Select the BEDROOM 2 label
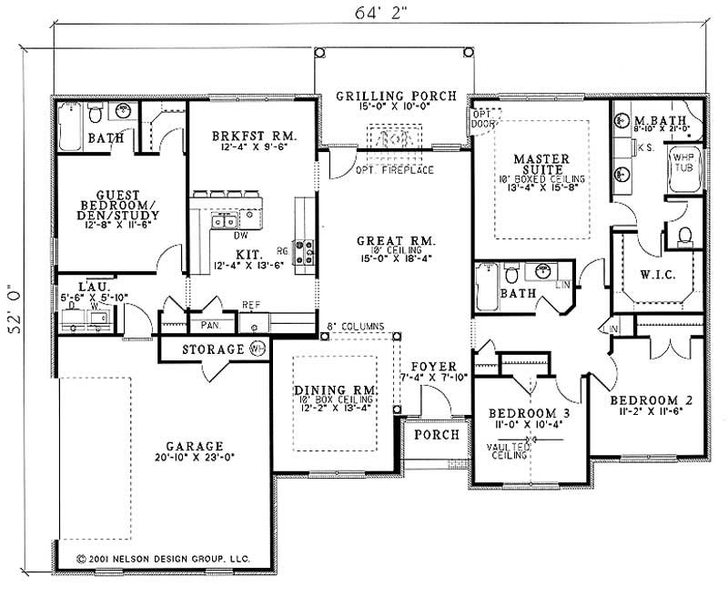pyautogui.click(x=645, y=399)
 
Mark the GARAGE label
pyautogui.click(x=194, y=446)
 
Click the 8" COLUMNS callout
pyautogui.click(x=355, y=326)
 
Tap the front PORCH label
pyautogui.click(x=436, y=435)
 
